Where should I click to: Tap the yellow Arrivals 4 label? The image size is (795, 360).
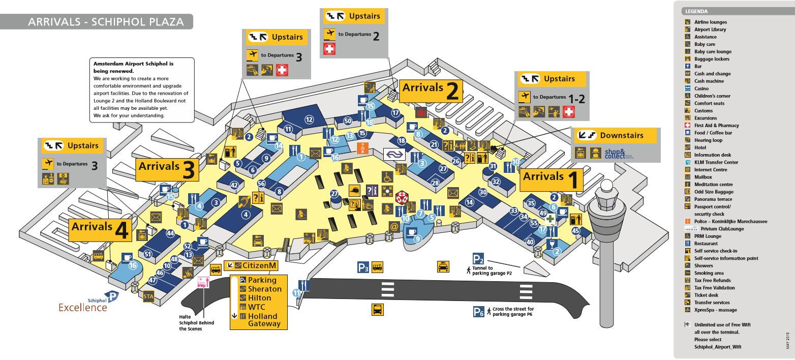coord(100,229)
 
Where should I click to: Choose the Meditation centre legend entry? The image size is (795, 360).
coord(713,185)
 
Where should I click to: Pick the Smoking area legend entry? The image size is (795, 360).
coord(708,273)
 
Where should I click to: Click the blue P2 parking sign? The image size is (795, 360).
coord(478,258)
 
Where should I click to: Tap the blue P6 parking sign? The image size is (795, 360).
coord(479,312)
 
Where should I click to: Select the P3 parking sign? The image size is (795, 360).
coord(362,267)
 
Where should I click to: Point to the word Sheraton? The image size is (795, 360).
coord(264,289)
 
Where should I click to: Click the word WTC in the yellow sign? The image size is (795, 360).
coord(256,307)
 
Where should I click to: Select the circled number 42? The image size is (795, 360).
coord(234,186)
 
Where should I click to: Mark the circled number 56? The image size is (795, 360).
coord(262,183)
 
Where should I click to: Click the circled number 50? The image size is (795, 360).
coord(348,121)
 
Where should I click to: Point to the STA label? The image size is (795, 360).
coord(148,296)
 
